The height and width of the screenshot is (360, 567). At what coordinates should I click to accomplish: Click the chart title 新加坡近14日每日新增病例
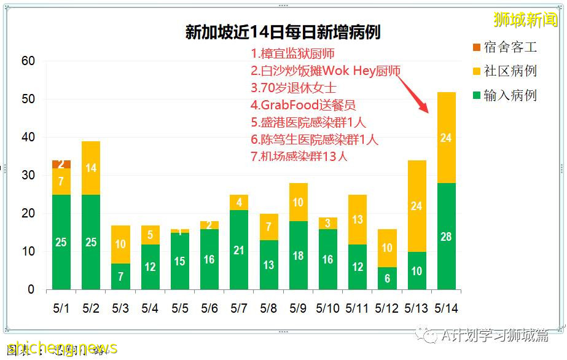283,32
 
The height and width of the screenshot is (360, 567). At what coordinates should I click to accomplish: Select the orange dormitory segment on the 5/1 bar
61,164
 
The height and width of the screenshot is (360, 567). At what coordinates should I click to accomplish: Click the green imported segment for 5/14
446,236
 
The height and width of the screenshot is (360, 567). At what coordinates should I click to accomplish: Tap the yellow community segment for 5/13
416,206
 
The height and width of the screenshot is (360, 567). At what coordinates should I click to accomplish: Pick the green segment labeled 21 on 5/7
238,249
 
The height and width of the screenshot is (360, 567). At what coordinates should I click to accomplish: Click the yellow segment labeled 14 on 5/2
91,168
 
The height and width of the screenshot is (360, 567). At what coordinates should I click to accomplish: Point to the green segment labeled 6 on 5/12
386,278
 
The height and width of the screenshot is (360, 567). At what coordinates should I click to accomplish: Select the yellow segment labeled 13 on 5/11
357,219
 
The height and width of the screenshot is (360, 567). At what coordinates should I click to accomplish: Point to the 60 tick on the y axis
28,61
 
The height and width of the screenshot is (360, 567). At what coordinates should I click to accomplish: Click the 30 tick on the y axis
28,175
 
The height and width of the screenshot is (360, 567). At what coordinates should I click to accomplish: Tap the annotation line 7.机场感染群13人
299,156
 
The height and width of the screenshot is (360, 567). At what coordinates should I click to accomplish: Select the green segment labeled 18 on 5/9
297,255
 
